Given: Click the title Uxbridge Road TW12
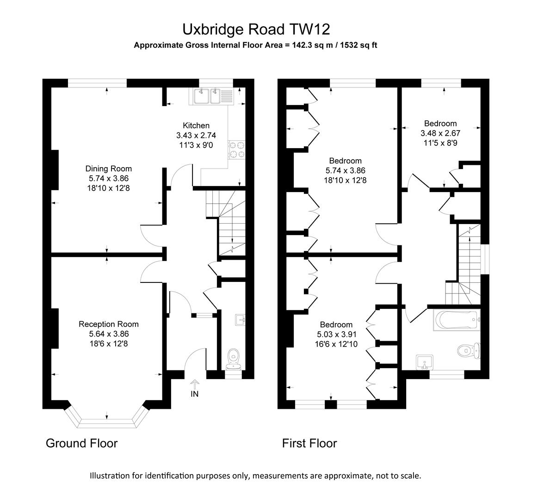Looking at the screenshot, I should click(256, 29).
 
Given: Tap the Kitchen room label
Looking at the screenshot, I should click(196, 125).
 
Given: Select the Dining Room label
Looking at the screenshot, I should click(109, 169).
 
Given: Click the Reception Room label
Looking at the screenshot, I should click(109, 324).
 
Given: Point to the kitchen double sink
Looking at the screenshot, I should click(208, 96).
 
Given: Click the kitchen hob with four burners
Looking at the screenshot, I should click(236, 149).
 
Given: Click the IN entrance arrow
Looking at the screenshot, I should click(195, 388).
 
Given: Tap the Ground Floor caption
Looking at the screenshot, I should click(82, 443).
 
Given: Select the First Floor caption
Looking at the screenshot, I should click(309, 443).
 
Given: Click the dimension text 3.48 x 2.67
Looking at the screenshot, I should click(440, 133).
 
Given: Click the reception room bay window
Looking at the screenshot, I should click(107, 420).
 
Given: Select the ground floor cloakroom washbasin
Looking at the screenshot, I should click(240, 319).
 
